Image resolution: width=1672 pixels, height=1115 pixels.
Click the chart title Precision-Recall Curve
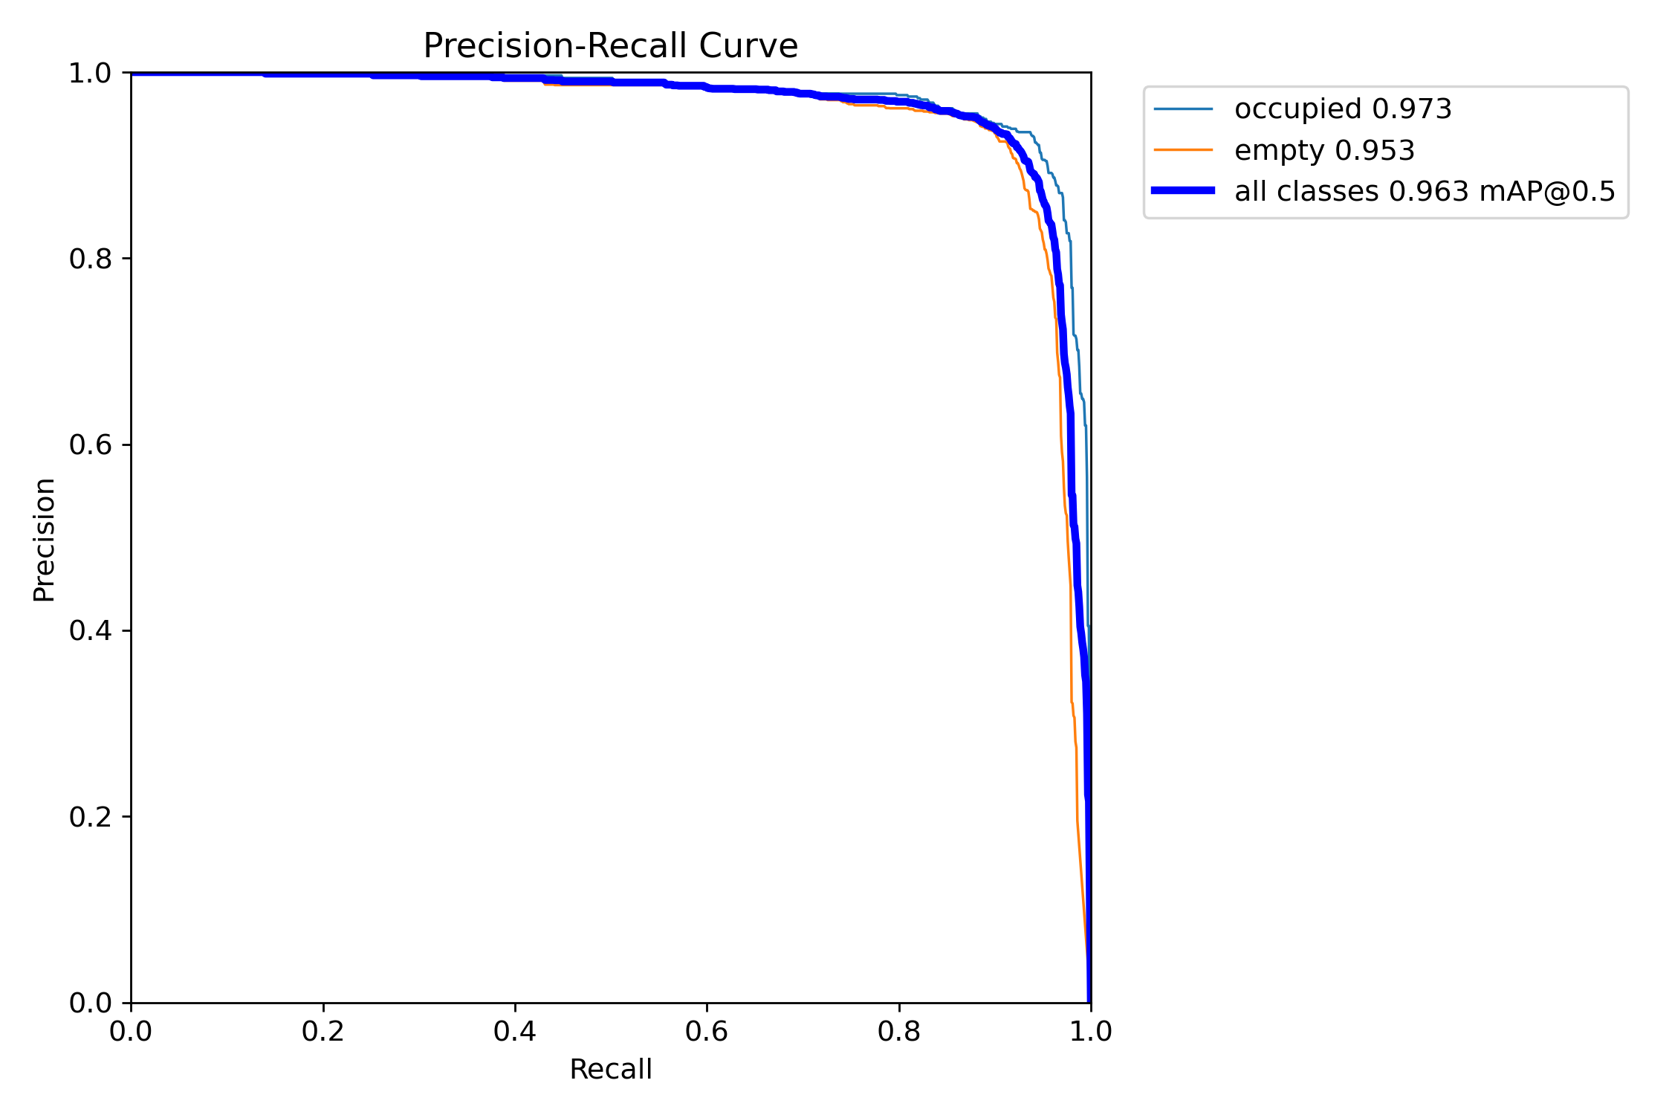[610, 46]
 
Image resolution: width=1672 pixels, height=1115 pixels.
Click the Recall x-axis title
[610, 1070]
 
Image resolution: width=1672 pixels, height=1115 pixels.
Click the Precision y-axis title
[45, 539]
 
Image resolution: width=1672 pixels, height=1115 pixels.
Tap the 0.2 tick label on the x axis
[323, 1032]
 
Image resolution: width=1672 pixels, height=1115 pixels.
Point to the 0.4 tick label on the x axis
[514, 1032]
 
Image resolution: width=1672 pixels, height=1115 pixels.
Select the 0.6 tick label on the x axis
[707, 1032]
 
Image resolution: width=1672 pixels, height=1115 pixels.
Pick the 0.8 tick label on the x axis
[898, 1032]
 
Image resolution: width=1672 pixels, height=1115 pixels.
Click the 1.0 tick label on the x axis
[1090, 1032]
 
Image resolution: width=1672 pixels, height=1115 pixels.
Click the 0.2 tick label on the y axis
[90, 817]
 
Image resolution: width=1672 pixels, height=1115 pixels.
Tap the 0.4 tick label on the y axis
[90, 631]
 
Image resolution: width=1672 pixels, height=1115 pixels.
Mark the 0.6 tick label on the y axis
[90, 445]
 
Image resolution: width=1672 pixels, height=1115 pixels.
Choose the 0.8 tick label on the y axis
[90, 259]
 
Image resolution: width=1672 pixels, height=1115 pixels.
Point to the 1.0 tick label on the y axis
[90, 74]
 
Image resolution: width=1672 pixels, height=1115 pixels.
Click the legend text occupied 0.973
[1343, 109]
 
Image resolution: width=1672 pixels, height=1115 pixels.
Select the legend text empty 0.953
[1324, 151]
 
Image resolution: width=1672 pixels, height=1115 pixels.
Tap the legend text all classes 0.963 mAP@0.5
[1425, 192]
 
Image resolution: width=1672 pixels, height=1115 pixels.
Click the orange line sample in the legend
[1183, 150]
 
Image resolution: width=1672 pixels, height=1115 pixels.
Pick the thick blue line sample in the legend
[1183, 191]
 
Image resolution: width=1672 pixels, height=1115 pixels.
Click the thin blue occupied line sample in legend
[1183, 109]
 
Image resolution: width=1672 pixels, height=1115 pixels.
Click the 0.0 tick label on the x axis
[131, 1032]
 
